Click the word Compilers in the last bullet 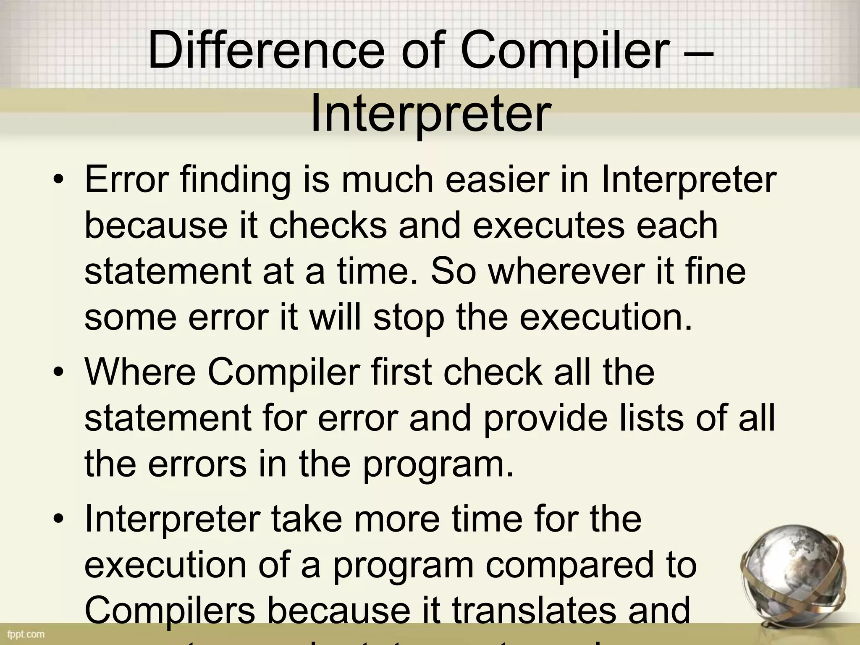(170, 611)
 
